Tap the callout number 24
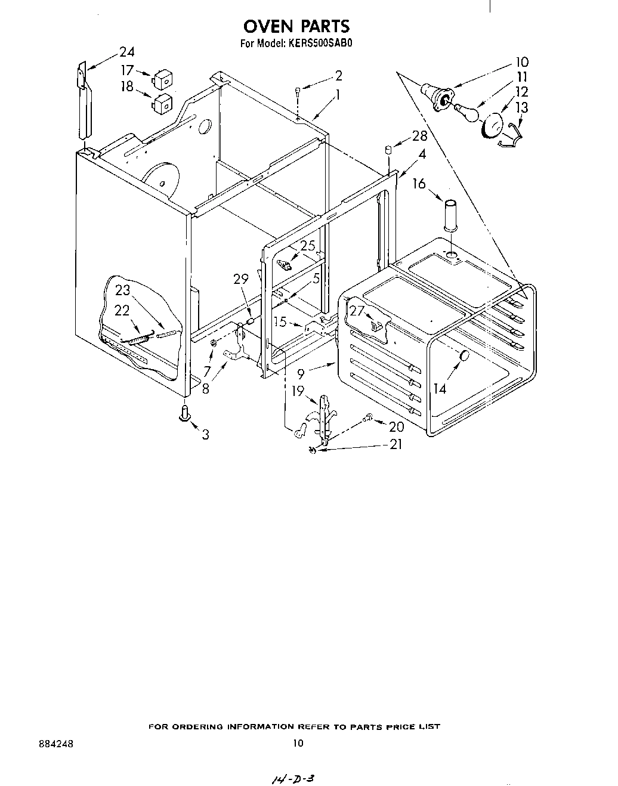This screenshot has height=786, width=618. (x=126, y=52)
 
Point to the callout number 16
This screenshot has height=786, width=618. (x=419, y=184)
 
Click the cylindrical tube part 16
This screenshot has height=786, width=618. (x=452, y=215)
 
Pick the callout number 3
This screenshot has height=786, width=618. (x=205, y=435)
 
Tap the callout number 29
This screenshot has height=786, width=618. (x=240, y=280)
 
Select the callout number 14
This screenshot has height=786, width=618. (x=440, y=389)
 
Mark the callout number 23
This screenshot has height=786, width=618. (x=122, y=290)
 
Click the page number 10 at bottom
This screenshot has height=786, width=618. (x=298, y=743)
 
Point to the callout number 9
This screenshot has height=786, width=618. (x=301, y=375)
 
